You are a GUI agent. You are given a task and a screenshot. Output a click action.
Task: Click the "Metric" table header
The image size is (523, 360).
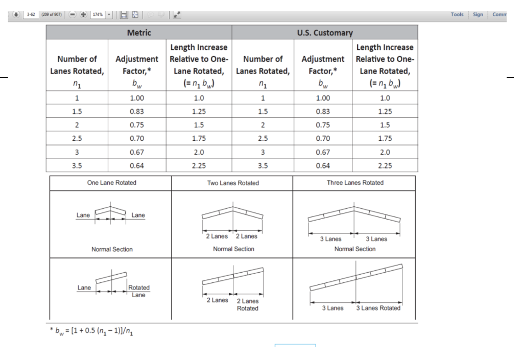coord(139,33)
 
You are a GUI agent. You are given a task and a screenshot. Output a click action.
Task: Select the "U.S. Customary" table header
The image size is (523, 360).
coord(325,33)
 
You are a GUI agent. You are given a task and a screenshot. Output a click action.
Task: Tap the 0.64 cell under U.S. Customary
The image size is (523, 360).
coord(323,165)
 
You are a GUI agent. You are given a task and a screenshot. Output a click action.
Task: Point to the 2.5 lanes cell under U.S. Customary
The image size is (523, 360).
coord(263,138)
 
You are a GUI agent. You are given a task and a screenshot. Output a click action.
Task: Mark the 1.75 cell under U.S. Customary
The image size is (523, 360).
coord(385,138)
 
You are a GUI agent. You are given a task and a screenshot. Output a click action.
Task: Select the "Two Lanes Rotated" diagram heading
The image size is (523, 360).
coord(233,183)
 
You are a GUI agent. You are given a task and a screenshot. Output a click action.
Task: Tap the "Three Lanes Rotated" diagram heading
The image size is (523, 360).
coord(354,183)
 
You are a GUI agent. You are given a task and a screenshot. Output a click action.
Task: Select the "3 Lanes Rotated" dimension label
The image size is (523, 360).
coord(378,308)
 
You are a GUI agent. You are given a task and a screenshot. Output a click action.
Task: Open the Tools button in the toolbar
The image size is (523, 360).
coord(457,15)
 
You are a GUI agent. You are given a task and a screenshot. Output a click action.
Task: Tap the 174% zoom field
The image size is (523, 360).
coord(96,15)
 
